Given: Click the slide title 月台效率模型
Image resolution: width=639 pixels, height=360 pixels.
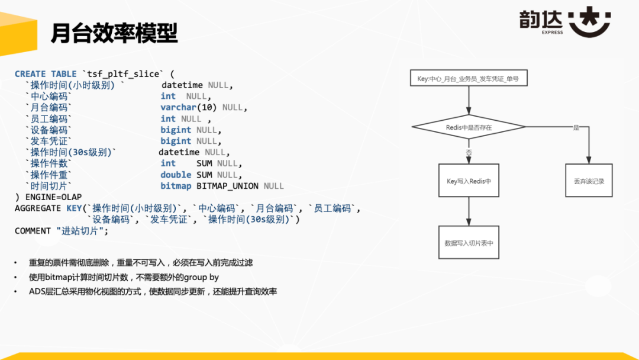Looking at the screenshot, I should [x=114, y=33].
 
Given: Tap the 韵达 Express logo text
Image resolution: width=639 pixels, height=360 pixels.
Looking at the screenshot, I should [x=542, y=20].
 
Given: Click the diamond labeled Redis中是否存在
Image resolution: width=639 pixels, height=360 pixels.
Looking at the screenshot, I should [x=469, y=127].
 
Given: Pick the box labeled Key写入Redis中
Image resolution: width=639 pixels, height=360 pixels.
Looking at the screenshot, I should [x=469, y=181].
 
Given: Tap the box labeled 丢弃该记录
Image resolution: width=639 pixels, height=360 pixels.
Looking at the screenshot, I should [x=589, y=181].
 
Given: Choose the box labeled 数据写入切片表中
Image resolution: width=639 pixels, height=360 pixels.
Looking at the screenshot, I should [x=469, y=243].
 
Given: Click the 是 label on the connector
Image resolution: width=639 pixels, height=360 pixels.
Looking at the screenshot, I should [x=576, y=127].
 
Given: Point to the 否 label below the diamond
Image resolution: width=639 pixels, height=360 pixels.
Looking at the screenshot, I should [x=469, y=152].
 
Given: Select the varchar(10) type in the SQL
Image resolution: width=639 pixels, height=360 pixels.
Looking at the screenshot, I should [x=189, y=107].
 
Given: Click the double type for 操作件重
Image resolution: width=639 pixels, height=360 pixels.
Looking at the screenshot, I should [x=176, y=175].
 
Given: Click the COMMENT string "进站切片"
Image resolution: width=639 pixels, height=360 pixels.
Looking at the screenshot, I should [x=82, y=231].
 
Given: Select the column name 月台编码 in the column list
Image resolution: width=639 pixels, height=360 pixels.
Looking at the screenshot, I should [x=50, y=107].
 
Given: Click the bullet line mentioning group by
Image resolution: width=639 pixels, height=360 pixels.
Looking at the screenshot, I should [x=124, y=277].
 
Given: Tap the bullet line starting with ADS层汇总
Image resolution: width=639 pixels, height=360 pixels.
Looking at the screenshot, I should [x=153, y=291].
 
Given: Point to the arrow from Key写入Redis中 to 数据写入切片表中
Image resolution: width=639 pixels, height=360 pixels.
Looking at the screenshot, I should [x=469, y=211].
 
